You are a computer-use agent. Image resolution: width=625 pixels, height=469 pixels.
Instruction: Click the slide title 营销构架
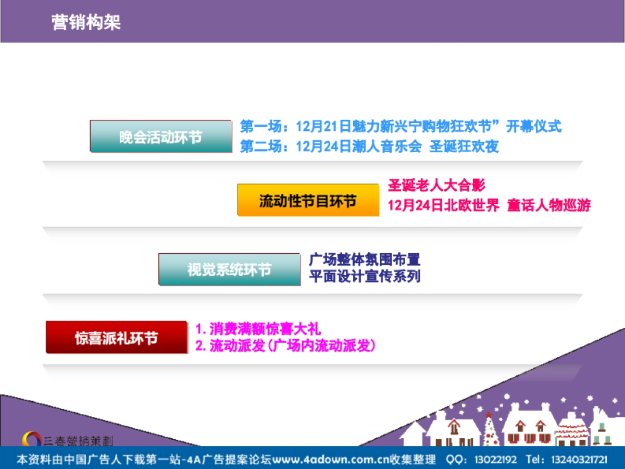[86, 22]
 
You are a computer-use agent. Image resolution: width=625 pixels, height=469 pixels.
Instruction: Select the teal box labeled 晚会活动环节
[161, 137]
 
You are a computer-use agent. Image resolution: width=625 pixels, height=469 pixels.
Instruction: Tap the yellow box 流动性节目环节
[308, 200]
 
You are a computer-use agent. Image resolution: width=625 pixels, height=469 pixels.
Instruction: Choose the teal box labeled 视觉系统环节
[230, 269]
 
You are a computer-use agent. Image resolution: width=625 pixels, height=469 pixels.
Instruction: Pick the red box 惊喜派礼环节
[117, 338]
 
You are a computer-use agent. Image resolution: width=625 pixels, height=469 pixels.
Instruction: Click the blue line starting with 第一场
[401, 126]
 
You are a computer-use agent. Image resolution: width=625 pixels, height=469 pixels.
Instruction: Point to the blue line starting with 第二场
[369, 146]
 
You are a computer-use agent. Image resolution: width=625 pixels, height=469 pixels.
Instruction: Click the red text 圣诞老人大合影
[436, 186]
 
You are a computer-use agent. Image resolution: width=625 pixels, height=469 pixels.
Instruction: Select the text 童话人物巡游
[549, 205]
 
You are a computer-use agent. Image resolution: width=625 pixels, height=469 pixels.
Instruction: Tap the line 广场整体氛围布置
[365, 259]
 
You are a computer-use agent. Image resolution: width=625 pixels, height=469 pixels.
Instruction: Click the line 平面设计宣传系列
[365, 276]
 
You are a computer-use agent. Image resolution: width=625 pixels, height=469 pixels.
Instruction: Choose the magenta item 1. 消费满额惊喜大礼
[258, 329]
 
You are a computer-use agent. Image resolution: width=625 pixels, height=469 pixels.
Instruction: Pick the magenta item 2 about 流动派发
[285, 345]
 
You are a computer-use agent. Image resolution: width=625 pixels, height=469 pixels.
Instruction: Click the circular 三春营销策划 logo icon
[32, 439]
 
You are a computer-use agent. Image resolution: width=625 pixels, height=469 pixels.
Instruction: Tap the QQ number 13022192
[495, 459]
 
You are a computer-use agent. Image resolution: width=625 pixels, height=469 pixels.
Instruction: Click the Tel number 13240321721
[579, 459]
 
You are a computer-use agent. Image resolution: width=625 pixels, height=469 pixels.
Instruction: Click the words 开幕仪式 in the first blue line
[534, 126]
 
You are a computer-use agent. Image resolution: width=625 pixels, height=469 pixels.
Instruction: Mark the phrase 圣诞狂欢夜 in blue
[464, 146]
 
